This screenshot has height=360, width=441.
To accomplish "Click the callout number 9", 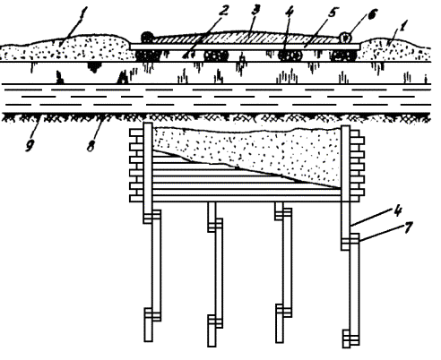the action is (x=30, y=145).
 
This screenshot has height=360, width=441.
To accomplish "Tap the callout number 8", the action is (x=91, y=145).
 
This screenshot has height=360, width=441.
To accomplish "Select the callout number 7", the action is (x=408, y=228).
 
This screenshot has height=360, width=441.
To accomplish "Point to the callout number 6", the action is (x=372, y=14).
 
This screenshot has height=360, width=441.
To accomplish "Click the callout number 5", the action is (x=333, y=13).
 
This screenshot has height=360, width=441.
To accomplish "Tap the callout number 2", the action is (x=223, y=10).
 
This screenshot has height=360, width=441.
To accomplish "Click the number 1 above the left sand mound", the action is (x=83, y=13).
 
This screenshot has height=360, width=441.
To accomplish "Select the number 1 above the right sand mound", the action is (x=402, y=26).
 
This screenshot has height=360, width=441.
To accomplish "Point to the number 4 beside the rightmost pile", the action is (x=397, y=211).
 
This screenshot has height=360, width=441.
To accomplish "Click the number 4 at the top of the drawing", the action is (x=290, y=12).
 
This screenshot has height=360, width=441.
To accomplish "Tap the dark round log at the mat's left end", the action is (x=147, y=37).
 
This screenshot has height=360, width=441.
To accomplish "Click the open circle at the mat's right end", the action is (x=345, y=38).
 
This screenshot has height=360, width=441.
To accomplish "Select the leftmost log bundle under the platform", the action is (x=148, y=56).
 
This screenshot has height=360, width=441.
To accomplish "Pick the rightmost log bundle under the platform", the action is (x=343, y=56).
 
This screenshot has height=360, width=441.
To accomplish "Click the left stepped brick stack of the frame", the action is (x=136, y=165).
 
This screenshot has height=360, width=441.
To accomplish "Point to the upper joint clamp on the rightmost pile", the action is (x=350, y=242).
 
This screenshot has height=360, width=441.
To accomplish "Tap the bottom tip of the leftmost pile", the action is (x=149, y=341).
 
